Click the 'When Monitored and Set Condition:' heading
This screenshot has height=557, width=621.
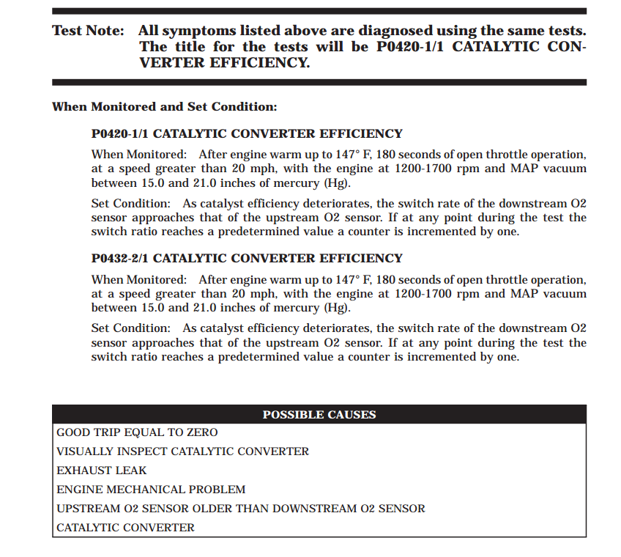164,107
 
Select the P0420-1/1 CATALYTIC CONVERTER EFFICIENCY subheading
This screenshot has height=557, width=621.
247,134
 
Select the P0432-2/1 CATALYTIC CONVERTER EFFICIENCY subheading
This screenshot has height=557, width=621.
247,259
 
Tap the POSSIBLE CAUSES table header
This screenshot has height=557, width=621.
319,415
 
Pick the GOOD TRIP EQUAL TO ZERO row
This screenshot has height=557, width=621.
137,433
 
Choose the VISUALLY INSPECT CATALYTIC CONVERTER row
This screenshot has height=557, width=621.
183,452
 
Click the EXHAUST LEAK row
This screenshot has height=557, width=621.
102,471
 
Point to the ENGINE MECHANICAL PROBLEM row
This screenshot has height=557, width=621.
151,490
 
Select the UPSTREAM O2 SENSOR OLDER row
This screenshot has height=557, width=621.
241,509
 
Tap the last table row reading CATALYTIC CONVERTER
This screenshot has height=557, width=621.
125,528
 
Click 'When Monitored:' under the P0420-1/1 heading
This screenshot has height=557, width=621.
138,155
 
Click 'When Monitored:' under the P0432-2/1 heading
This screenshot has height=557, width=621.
138,280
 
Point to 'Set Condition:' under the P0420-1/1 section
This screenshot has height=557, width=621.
130,204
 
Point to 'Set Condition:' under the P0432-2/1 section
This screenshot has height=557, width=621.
130,328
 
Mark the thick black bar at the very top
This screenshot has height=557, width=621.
319,11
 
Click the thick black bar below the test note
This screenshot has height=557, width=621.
319,82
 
